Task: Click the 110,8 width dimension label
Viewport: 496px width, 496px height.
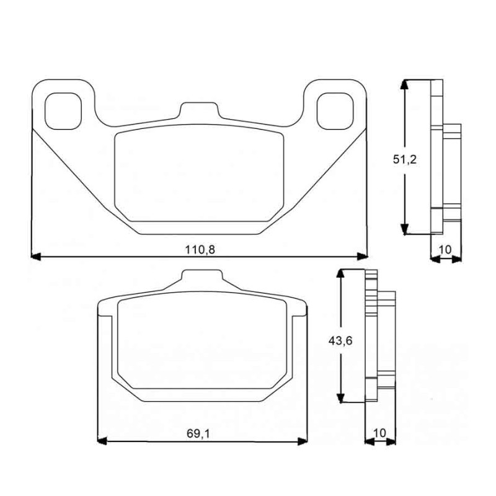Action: pyautogui.click(x=200, y=250)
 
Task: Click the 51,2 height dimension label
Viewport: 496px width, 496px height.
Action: pyautogui.click(x=405, y=160)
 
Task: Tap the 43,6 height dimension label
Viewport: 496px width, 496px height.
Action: pyautogui.click(x=340, y=341)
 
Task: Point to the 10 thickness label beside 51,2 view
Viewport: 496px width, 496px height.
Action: pyautogui.click(x=445, y=250)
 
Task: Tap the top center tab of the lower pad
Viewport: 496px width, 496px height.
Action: pyautogui.click(x=202, y=275)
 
